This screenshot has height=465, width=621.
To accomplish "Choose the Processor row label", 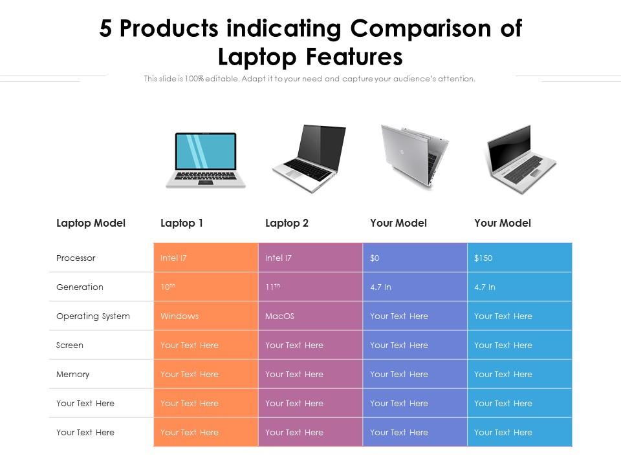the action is point(76,258).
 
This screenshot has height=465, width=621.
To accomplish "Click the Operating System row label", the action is point(93,316).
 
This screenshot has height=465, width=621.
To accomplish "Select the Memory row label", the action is point(72,374).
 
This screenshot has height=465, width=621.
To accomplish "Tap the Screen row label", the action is point(70,345).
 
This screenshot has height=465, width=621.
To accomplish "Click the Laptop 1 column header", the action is point(181,223).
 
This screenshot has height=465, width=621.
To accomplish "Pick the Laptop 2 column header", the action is point(287,223).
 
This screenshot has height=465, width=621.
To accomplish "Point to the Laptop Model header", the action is point(91,223).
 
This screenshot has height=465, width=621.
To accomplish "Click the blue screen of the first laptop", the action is point(206,151).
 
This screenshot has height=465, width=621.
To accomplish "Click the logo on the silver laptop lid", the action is point(401,152).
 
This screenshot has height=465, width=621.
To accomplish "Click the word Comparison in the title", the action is point(420,28).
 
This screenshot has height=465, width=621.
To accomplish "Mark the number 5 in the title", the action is point(105,28).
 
